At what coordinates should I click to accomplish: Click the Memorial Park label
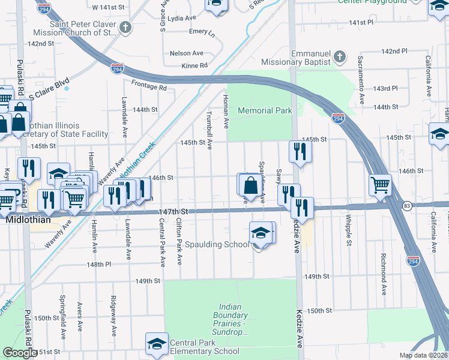pos(265,110)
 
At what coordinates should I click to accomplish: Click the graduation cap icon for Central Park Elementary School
pos(157,343)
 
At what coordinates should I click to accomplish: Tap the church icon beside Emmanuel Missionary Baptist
pos(339,57)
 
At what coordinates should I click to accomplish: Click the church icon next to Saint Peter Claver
pos(125,27)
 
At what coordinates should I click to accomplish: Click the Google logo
pos(19,353)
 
